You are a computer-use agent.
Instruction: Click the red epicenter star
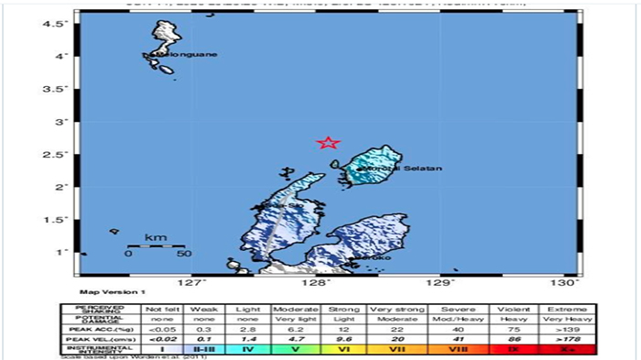click(329, 142)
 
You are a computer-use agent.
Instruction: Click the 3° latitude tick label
click(61, 121)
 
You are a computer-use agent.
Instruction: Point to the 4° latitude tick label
click(61, 56)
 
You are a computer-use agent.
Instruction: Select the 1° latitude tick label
click(61, 251)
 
